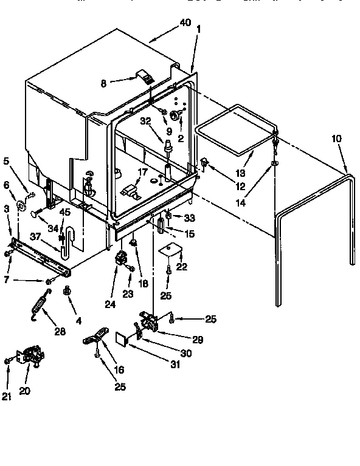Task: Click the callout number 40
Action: (x=185, y=23)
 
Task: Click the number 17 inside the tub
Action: (x=141, y=172)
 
